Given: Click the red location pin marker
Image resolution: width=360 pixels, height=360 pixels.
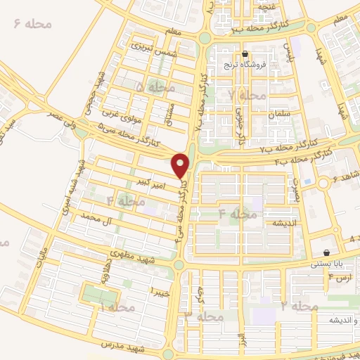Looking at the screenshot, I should point(181,165).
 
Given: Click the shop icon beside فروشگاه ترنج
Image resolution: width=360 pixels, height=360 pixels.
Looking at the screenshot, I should point(245,53).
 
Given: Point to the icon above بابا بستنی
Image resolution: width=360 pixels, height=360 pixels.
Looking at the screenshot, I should point(327,253).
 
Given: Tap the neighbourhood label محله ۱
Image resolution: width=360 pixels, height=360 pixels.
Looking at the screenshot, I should point(117,308).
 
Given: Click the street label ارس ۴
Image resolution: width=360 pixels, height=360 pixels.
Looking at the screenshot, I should point(339,278).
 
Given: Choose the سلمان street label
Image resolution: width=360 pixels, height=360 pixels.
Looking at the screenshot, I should point(278,112).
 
